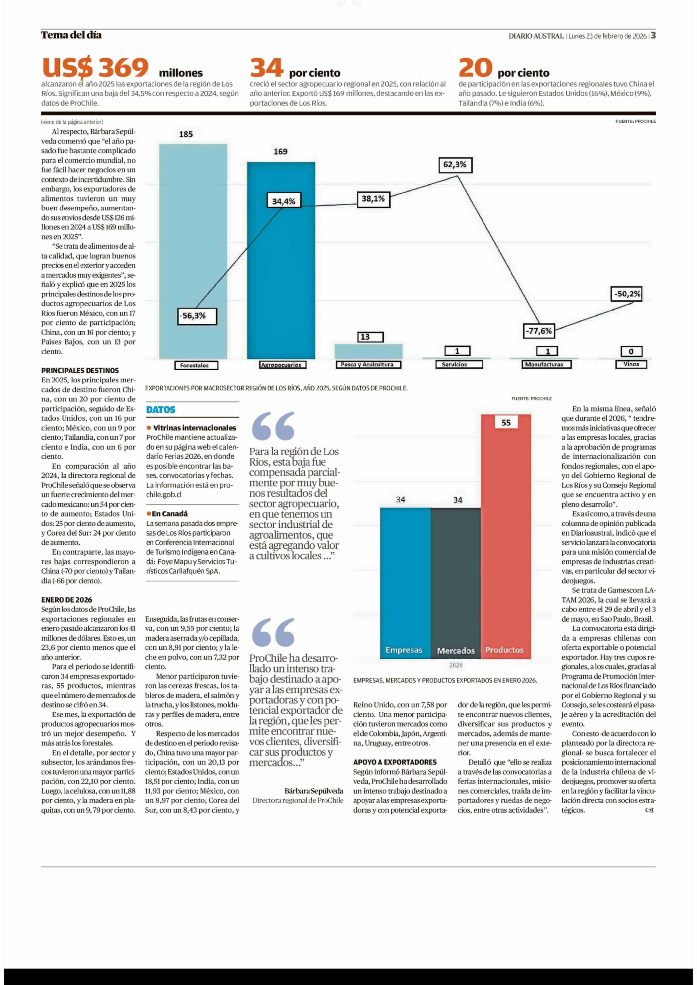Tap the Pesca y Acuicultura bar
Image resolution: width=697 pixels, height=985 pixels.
368,351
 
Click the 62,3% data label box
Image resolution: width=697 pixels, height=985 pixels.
455,165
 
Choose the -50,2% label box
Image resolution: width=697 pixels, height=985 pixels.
627,294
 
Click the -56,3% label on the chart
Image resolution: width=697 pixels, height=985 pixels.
197,316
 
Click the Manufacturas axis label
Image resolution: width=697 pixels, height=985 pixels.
544,364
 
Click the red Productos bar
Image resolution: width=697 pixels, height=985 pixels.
506,536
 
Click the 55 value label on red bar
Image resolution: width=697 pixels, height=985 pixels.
506,423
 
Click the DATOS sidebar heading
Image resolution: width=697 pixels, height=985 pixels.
161,410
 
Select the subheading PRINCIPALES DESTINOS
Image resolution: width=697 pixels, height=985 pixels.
80,370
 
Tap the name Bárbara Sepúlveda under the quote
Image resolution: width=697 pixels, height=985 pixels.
314,791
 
